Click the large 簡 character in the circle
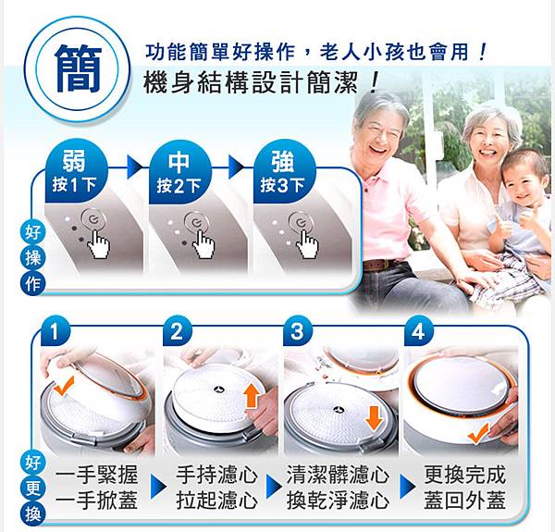coord(79,68)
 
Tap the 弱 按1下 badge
coord(75,172)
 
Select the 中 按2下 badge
coord(179,173)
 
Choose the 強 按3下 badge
coord(283,172)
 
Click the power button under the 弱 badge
coord(93,219)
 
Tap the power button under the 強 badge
coord(301,223)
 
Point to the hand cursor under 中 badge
coord(203,243)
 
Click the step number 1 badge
coord(55,331)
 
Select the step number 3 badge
coord(297,331)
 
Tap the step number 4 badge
coord(418,331)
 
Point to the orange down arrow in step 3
coord(374,418)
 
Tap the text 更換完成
coord(464,475)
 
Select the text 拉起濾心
coord(217,501)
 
